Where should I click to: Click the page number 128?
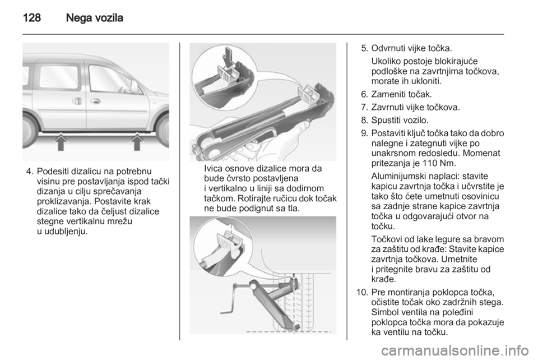click(32, 17)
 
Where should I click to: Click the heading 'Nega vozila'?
click(94, 17)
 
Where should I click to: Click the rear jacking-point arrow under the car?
click(61, 142)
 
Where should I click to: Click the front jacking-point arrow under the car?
click(137, 142)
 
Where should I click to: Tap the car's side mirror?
click(134, 87)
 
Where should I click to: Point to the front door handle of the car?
click(95, 101)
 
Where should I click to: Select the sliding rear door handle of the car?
click(77, 101)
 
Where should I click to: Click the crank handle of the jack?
click(231, 298)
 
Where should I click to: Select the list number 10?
click(362, 292)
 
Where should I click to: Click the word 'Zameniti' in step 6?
click(387, 94)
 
